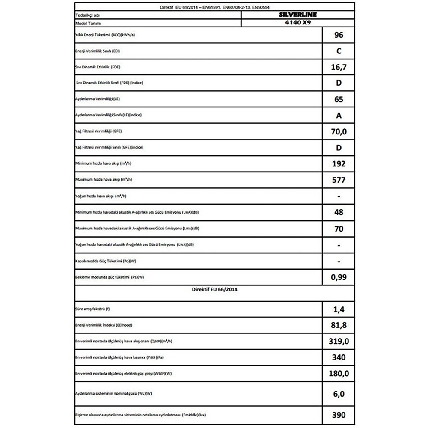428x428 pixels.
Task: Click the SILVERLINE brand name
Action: pos(297,15)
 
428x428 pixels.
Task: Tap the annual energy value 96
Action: pos(338,35)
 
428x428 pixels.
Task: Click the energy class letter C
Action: pos(339,51)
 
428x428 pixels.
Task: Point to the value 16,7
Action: pos(338,67)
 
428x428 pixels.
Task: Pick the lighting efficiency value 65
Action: pos(338,99)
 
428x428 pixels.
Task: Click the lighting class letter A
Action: pos(339,116)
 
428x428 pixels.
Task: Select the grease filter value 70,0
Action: pos(338,132)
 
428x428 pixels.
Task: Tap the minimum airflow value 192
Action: pos(338,164)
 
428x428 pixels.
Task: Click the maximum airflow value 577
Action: pos(338,180)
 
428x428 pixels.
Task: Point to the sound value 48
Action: pos(338,212)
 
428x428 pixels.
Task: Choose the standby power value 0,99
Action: pos(338,277)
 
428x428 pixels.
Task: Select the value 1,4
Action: pos(338,309)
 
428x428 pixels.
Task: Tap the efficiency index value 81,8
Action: pos(338,325)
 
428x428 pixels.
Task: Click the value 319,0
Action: pos(338,341)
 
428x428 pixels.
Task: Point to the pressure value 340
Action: pos(338,357)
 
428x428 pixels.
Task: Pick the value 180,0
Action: pos(338,374)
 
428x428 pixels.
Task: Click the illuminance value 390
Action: pos(338,414)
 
